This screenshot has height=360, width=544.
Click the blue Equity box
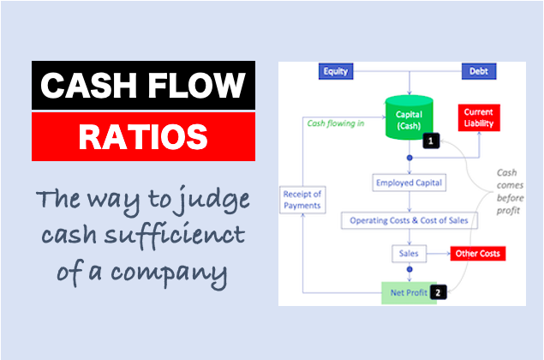pyautogui.click(x=336, y=71)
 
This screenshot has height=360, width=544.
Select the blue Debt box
pyautogui.click(x=479, y=71)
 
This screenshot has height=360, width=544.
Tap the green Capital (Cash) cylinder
pyautogui.click(x=409, y=117)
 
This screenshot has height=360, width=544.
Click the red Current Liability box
pyautogui.click(x=479, y=117)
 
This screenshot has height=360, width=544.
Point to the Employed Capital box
pyautogui.click(x=409, y=183)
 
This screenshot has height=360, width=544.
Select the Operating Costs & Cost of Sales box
pyautogui.click(x=409, y=220)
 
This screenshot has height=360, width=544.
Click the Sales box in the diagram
pyautogui.click(x=409, y=254)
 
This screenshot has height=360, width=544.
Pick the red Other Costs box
pyautogui.click(x=478, y=254)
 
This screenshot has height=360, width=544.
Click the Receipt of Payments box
pyautogui.click(x=302, y=200)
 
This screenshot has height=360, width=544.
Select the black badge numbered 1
pyautogui.click(x=431, y=141)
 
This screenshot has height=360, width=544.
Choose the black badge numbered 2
pyautogui.click(x=438, y=292)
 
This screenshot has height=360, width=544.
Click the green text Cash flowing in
pyautogui.click(x=336, y=123)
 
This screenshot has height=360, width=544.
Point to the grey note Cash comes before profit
pyautogui.click(x=510, y=192)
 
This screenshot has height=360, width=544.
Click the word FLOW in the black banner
pyautogui.click(x=197, y=86)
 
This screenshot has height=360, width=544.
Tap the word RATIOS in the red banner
pyautogui.click(x=143, y=137)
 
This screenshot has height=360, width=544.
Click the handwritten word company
pyautogui.click(x=170, y=273)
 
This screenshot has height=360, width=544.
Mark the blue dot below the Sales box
pyautogui.click(x=409, y=269)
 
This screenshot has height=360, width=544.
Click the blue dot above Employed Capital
pyautogui.click(x=409, y=158)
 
